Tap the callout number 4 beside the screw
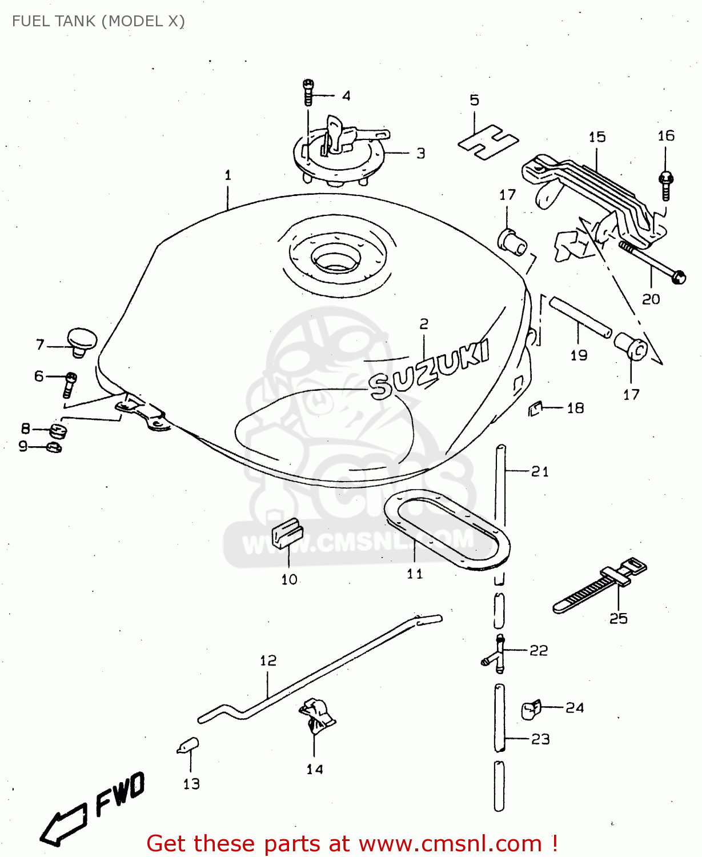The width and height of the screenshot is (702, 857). point(346,95)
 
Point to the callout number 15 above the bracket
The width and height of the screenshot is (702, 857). point(597,137)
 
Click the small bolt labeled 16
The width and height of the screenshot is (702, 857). point(665,186)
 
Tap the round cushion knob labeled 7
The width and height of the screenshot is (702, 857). point(82,341)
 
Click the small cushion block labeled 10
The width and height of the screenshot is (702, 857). point(287,534)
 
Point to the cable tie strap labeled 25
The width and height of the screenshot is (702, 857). point(600,586)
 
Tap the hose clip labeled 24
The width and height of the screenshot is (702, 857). point(531,710)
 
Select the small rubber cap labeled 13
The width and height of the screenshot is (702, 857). point(188,746)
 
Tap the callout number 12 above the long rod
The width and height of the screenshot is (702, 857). point(268,660)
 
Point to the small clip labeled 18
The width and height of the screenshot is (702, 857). point(535,409)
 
